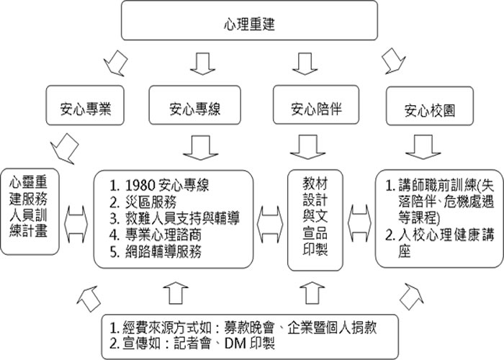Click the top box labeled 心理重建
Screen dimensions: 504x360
pos(249,21)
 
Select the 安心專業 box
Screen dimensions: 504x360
pos(85,105)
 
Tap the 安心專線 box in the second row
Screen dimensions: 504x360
pos(195,105)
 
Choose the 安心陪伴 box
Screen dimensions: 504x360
pos(316,105)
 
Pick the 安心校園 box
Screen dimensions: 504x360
pos(430,106)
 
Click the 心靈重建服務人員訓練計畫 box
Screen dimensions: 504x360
pos(30,212)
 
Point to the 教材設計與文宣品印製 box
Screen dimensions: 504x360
pos(315,220)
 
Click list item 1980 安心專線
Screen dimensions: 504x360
pos(159,185)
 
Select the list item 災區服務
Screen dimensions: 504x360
pos(143,202)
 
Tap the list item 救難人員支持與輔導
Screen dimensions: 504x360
pos(174,218)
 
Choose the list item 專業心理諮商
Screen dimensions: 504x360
pos(156,235)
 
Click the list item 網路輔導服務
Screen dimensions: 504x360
pos(156,252)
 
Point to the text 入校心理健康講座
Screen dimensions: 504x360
pos(440,243)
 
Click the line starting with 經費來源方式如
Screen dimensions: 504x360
pos(243,328)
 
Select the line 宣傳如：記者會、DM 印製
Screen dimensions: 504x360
pos(192,343)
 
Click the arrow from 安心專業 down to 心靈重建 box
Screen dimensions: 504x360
pos(65,148)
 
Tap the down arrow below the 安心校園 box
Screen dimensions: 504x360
pos(423,147)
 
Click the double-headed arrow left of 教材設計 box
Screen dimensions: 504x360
pos(270,225)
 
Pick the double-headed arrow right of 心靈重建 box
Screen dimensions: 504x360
pos(76,225)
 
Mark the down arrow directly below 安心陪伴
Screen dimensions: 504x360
pos(308,147)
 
